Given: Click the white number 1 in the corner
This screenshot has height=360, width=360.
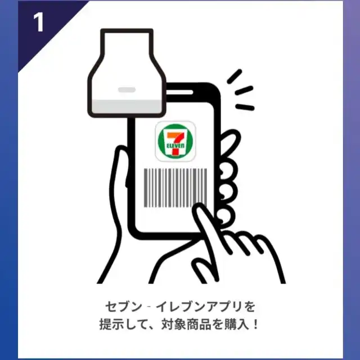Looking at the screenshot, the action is (39, 22).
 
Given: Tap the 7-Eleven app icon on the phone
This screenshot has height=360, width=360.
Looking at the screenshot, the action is (175, 141).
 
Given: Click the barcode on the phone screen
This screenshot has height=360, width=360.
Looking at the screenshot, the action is (175, 187).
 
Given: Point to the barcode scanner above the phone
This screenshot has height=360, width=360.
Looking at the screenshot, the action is (127, 73).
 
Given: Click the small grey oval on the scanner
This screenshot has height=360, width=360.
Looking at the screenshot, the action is (127, 89).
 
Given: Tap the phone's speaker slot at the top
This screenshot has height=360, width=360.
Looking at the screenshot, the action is (179, 92).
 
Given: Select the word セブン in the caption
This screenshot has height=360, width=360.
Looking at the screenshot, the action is (124, 307).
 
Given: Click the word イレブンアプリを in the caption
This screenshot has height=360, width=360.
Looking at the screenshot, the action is (205, 307).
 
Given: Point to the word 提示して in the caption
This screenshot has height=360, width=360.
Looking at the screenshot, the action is (124, 325).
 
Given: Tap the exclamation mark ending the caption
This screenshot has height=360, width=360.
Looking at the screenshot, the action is (256, 325).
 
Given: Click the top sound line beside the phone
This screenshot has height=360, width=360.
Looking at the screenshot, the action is (235, 76).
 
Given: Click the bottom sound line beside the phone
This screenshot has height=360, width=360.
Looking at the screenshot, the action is (245, 107).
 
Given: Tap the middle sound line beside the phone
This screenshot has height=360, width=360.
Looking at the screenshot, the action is (244, 91).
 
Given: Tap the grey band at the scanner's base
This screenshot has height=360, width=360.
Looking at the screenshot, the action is (127, 107).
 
